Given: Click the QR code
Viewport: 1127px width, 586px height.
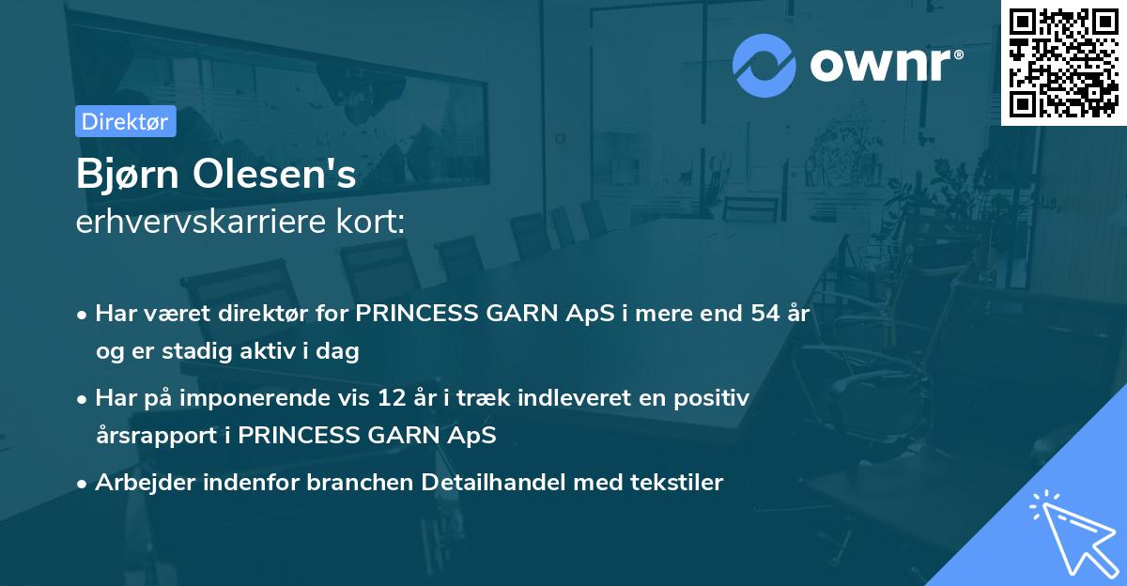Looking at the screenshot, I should (1063, 62).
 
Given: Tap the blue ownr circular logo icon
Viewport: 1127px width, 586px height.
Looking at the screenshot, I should (764, 64).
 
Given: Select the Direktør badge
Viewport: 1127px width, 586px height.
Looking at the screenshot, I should (125, 121).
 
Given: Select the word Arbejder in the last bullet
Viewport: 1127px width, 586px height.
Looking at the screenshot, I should (138, 483).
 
